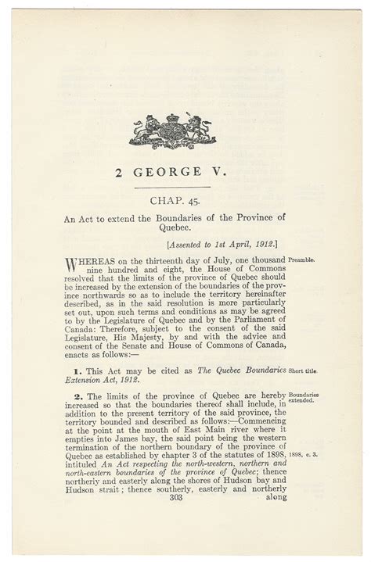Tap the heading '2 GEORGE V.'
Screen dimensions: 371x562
point(167,168)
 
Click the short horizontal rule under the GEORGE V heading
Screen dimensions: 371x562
point(167,186)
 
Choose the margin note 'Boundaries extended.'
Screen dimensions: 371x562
point(306,400)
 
